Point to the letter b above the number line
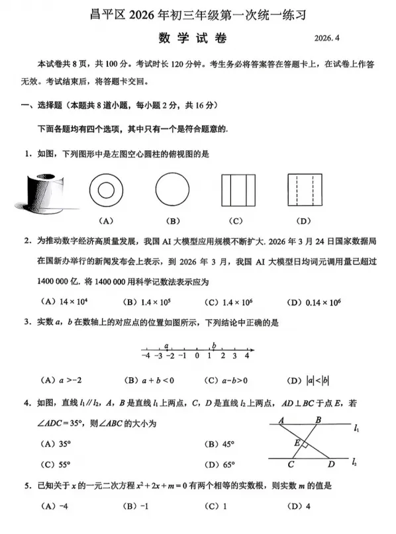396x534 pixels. [214, 345]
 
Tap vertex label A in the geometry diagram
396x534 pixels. [281, 420]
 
